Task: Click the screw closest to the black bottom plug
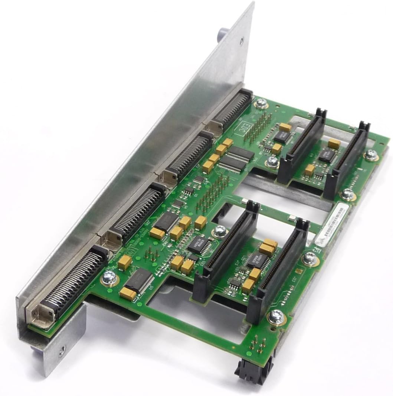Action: click(275, 317)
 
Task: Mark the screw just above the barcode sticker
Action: click(348, 193)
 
